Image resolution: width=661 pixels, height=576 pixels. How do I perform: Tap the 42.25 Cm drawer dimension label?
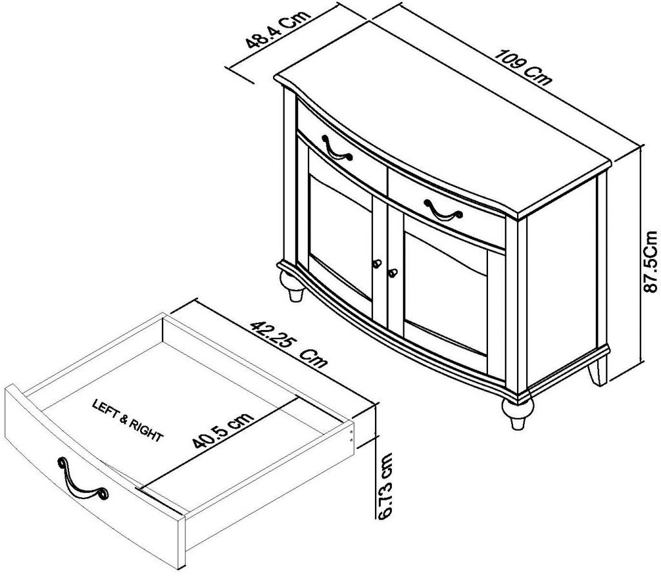point(289,345)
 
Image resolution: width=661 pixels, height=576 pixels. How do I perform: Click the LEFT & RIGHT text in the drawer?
point(128,420)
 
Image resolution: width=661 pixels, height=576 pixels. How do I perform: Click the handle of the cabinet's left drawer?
point(336,148)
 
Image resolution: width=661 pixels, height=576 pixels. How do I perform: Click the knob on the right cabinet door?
point(391,273)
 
